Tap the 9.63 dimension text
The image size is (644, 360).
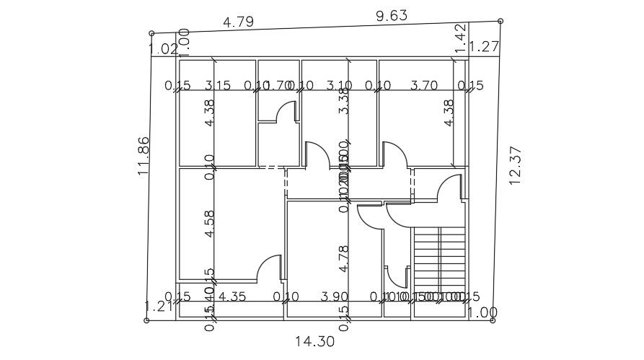(392, 15)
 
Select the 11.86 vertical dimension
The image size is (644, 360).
(144, 156)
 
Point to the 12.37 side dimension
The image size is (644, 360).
(514, 166)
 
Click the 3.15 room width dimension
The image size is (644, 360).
(217, 86)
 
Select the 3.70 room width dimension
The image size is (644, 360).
(424, 86)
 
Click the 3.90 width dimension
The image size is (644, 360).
(334, 297)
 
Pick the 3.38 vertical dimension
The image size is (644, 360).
(345, 100)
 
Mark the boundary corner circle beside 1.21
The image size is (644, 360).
(147, 320)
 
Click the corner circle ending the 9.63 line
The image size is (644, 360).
(500, 21)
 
